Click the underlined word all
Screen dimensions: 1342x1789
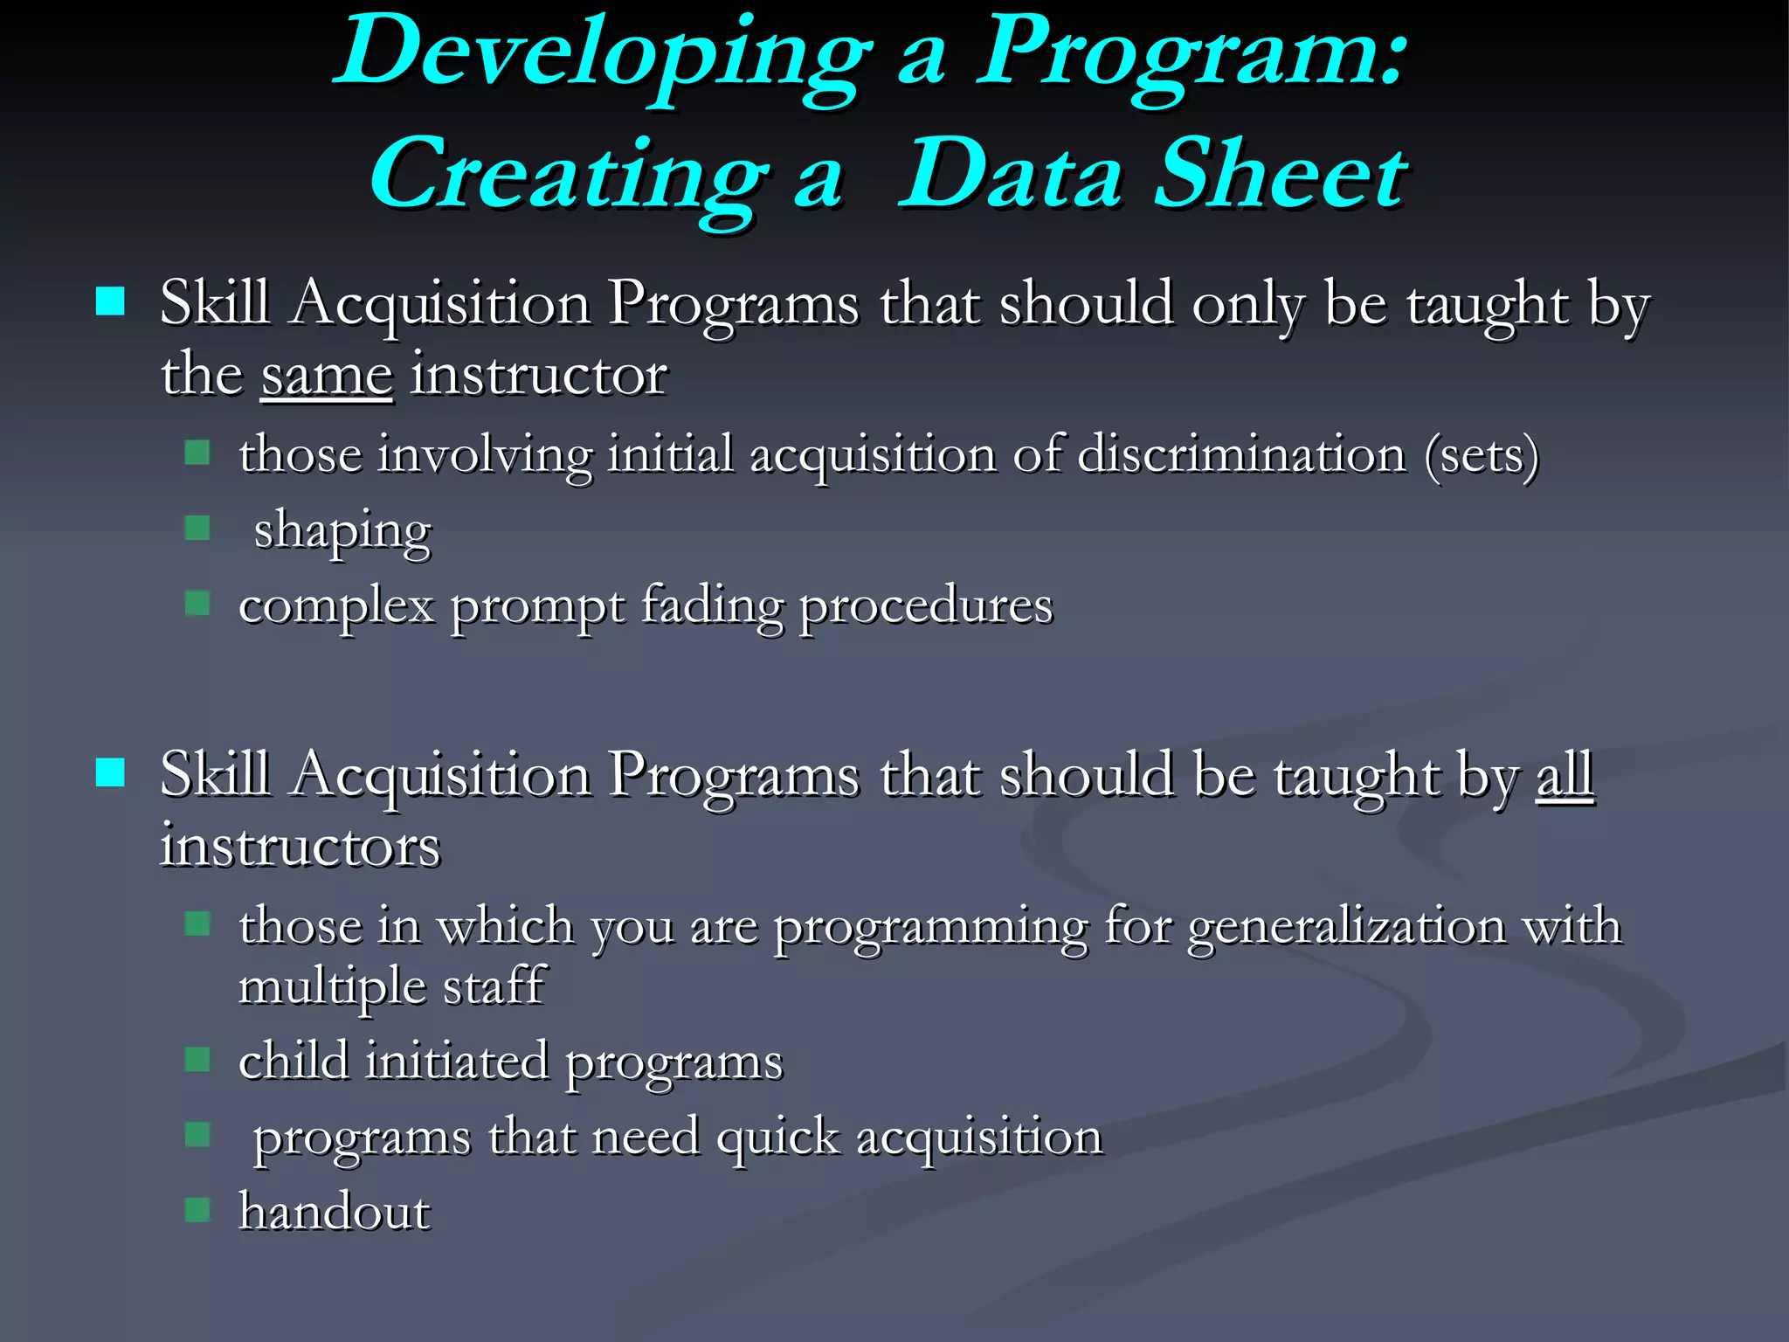tap(1565, 775)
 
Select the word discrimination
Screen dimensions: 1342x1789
tap(1241, 455)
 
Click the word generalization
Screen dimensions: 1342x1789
tap(1346, 927)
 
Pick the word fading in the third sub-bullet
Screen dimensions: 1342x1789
tap(712, 605)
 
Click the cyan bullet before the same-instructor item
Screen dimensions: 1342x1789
tap(110, 302)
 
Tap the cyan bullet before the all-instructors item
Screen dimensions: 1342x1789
tap(110, 772)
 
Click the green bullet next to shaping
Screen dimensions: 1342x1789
tap(197, 528)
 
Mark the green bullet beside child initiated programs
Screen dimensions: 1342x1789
tap(197, 1059)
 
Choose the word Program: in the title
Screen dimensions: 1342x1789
tap(1192, 54)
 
